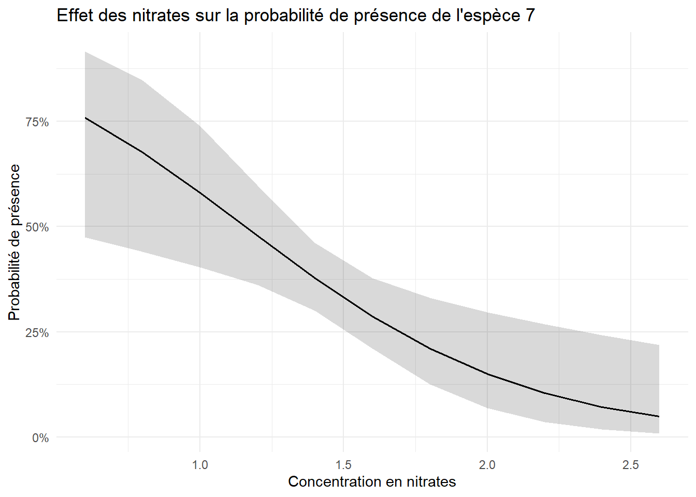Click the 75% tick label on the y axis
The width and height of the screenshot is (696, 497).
point(37,122)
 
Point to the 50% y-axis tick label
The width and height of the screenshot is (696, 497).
point(37,227)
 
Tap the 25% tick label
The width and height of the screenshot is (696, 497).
point(37,332)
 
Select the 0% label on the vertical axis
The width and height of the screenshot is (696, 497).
point(40,438)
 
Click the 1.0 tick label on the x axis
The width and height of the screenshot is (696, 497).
point(200,465)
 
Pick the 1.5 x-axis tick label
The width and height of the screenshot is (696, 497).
point(343,465)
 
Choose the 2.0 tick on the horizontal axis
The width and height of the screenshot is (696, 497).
point(487,465)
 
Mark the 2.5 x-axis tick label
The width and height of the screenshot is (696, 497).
point(630,465)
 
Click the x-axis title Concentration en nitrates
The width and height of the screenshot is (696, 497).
point(372,482)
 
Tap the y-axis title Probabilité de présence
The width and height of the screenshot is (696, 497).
point(14,242)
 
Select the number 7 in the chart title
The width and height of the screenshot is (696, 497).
point(530,16)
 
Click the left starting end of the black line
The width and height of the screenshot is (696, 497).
point(85,118)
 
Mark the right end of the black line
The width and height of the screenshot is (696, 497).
point(659,416)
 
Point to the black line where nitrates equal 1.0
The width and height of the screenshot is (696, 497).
point(200,193)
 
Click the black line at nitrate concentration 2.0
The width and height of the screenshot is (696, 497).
point(487,374)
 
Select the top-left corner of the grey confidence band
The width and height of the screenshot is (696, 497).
point(85,52)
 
